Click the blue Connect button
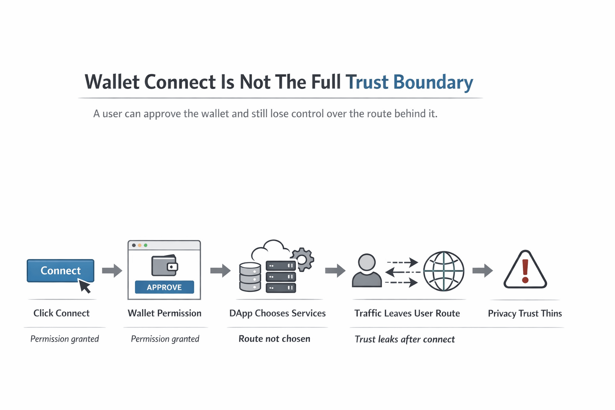click(60, 271)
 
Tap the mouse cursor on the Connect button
click(84, 286)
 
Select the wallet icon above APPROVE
click(165, 265)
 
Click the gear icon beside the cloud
click(302, 259)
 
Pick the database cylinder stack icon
click(250, 277)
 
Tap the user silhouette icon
click(367, 271)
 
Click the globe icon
click(444, 271)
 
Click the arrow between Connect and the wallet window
click(112, 271)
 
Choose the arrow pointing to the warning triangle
click(482, 271)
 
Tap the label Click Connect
click(61, 313)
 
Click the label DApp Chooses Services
click(277, 313)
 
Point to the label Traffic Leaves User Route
click(407, 313)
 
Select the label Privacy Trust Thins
click(525, 313)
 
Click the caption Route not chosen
click(274, 339)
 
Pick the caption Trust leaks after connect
click(405, 339)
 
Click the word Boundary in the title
click(433, 82)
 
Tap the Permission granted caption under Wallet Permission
click(165, 339)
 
